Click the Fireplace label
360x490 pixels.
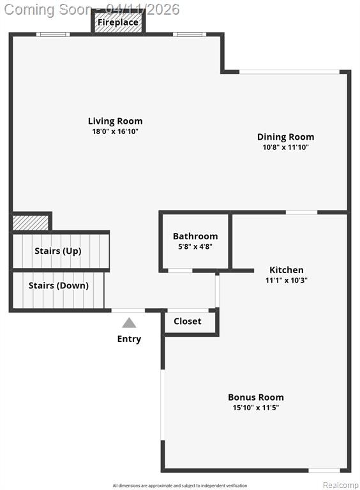point(118,22)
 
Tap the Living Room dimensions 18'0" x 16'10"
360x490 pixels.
point(115,131)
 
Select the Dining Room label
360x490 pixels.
point(285,137)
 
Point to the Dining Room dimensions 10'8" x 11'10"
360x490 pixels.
point(285,147)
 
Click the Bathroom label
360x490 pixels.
point(195,236)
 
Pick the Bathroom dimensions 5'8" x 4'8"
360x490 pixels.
point(195,246)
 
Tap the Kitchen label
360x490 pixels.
point(286,270)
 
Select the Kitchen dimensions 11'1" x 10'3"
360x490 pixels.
point(286,280)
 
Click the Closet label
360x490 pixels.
point(188,322)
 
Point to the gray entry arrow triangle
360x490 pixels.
point(129,323)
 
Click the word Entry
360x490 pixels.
point(129,339)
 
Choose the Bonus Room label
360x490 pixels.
point(256,397)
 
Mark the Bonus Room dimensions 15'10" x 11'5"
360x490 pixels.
point(256,408)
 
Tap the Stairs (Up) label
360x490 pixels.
point(58,251)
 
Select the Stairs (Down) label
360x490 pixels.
point(59,286)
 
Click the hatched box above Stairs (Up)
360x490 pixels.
point(30,223)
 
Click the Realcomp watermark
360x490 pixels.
point(340,485)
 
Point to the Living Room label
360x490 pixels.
point(115,121)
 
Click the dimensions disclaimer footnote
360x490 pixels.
point(180,486)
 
